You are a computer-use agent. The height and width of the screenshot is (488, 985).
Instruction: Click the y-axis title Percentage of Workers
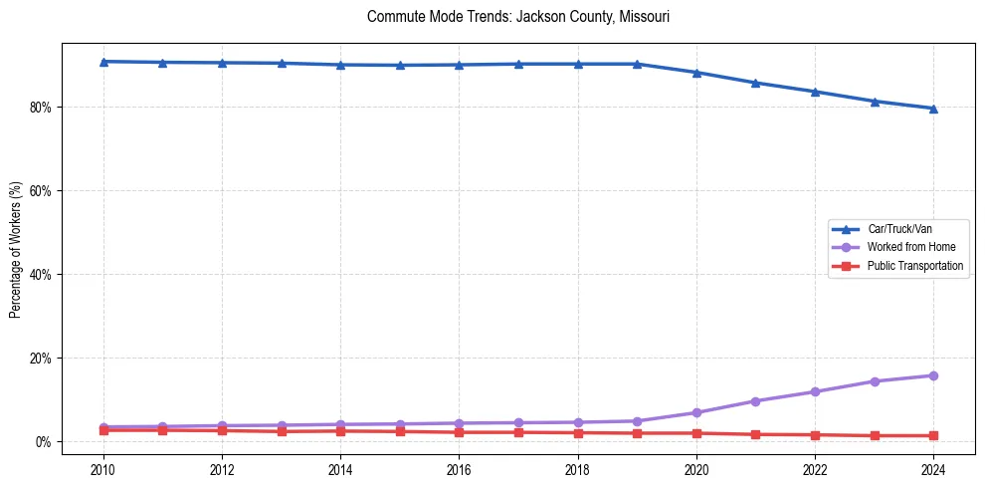(15, 249)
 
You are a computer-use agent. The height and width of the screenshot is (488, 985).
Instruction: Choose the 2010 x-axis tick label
(103, 468)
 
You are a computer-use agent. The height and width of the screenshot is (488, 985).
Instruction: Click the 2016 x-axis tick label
(459, 468)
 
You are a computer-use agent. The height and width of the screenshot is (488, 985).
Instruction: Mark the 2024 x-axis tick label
(933, 468)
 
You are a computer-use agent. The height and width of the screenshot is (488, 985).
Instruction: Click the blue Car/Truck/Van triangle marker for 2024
(933, 109)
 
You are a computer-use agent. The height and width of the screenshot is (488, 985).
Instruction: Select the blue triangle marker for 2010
(103, 62)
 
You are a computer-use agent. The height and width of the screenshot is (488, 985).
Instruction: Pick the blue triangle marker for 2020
(696, 73)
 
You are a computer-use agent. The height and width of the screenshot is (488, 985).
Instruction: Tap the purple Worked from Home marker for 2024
(933, 375)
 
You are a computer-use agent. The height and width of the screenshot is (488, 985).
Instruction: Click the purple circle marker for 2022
(815, 391)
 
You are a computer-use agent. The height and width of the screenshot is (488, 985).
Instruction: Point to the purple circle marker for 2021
(755, 401)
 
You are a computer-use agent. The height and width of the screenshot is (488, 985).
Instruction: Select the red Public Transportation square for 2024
(933, 435)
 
